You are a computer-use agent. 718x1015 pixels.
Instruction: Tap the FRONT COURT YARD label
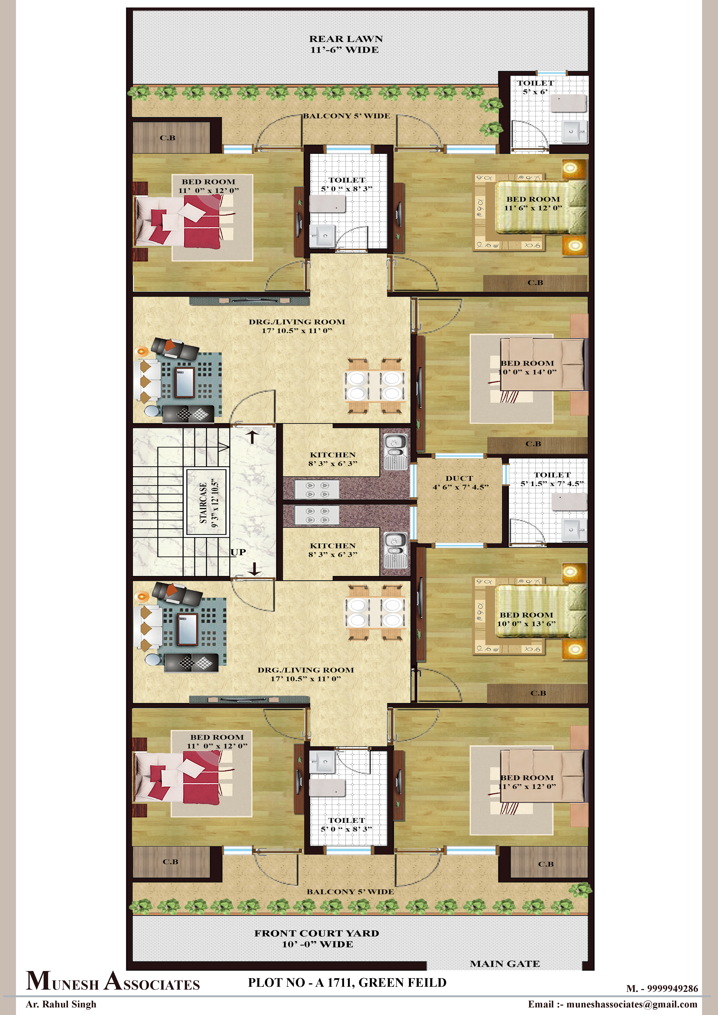click(x=317, y=938)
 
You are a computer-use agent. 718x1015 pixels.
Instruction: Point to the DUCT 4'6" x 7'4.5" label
click(x=460, y=482)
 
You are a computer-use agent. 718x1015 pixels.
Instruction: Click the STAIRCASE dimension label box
click(x=207, y=503)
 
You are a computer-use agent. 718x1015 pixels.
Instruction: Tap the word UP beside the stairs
click(x=238, y=552)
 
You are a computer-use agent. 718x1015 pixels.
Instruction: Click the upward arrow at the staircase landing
click(x=252, y=437)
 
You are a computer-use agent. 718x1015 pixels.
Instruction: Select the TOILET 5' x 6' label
click(x=535, y=87)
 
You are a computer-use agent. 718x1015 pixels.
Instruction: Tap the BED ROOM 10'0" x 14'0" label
click(x=527, y=367)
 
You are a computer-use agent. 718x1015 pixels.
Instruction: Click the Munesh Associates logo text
click(x=113, y=981)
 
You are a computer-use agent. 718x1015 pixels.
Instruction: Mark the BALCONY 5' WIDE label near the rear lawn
click(x=347, y=116)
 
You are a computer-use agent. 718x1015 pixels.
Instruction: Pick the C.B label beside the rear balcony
click(x=168, y=138)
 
